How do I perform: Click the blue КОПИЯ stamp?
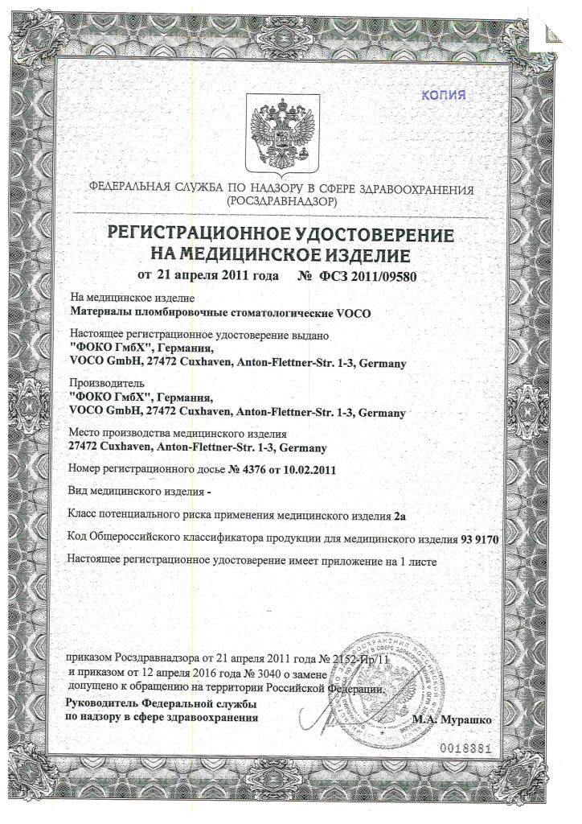point(443,95)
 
